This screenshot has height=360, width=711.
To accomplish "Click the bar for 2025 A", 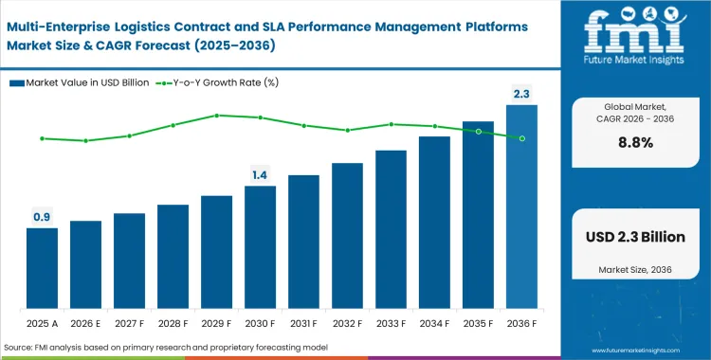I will pos(42,269).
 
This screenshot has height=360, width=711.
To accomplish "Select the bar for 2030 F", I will pos(260,248).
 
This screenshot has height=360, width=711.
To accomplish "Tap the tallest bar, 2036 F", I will pos(521,207).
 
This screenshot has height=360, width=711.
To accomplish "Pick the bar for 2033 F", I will pos(391,230).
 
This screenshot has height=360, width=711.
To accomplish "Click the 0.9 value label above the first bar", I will pos(42,217).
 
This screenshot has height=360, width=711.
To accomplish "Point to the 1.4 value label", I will pos(260,175).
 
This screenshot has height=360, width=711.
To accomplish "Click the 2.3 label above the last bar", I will pos(521,94).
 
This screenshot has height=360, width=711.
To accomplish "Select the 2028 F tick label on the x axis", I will pos(173,322).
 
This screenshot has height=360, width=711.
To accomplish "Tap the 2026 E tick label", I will pos(85,322).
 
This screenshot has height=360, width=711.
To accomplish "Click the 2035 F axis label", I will pos(478,322).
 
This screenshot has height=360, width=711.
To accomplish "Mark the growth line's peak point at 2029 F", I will pos(216,116).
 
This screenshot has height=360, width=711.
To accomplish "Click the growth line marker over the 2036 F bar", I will pos(521,138).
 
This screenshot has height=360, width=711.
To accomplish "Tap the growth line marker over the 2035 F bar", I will pos(478,131).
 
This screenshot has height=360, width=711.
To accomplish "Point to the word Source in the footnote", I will pos(21,348).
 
